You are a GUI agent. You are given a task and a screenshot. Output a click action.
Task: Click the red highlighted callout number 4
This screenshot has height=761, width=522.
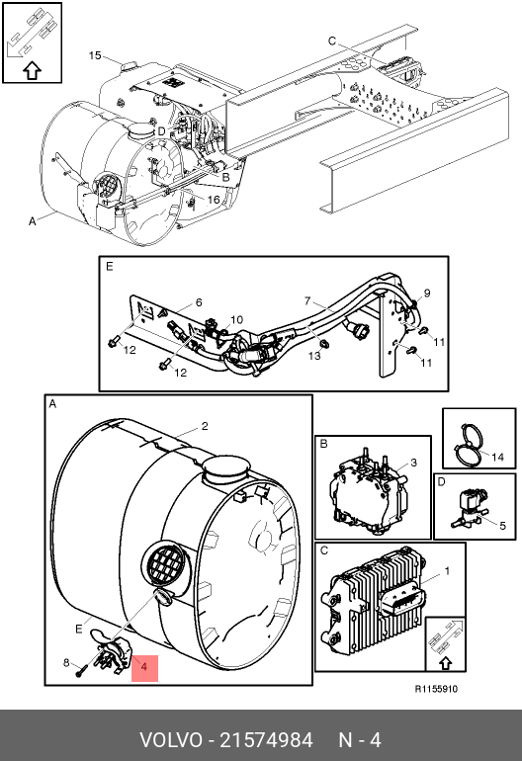tap(144, 667)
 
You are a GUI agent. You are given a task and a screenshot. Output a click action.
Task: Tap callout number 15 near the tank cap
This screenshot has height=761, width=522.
tap(95, 55)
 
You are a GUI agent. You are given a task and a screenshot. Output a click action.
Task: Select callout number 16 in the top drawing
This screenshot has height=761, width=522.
tap(214, 200)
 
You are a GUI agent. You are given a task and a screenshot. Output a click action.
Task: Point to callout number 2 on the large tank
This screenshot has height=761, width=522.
tap(205, 426)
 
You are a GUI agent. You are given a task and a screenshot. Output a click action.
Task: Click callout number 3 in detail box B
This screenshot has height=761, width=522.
tap(413, 463)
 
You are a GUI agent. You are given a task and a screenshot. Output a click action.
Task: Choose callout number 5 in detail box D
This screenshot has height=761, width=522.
tap(502, 526)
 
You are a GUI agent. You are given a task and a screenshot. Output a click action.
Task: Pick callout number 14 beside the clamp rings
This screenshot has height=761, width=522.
tap(497, 458)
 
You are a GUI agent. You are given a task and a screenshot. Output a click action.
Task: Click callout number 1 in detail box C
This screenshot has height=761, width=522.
tap(447, 571)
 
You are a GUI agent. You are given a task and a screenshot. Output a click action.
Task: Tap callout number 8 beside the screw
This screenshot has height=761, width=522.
tap(66, 662)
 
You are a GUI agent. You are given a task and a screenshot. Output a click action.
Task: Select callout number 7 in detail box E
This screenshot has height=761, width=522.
tap(307, 301)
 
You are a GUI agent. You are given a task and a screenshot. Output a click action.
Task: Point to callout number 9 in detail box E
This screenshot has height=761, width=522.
tap(427, 294)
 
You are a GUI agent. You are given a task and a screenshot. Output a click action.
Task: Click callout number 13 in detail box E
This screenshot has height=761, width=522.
tap(314, 356)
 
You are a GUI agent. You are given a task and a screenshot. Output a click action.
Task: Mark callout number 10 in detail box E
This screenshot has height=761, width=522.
tap(236, 320)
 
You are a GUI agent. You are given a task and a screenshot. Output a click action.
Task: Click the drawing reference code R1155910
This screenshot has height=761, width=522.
tap(436, 689)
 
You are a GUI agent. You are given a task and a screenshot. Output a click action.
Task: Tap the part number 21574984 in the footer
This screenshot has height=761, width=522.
tap(267, 740)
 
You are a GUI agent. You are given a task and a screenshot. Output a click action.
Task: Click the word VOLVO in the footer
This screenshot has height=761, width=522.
tap(171, 740)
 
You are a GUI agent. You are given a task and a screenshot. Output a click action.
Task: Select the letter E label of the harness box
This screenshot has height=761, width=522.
tap(110, 267)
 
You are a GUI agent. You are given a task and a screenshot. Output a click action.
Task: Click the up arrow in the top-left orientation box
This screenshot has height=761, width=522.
tap(32, 71)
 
